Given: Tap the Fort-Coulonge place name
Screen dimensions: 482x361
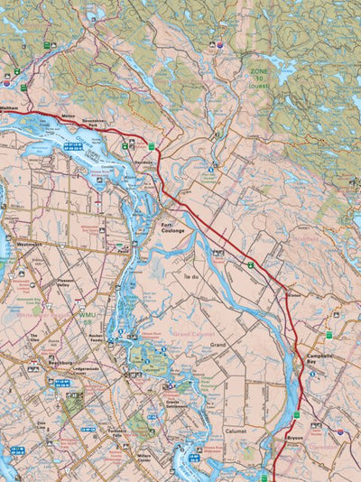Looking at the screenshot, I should click(x=172, y=227).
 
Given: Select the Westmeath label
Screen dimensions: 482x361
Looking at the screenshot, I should click(x=29, y=244).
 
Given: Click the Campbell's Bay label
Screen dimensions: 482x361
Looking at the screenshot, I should click(x=320, y=357).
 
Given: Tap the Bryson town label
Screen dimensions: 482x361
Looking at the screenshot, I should click(x=295, y=437).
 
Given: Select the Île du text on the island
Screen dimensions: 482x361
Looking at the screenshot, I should click(x=190, y=262).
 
